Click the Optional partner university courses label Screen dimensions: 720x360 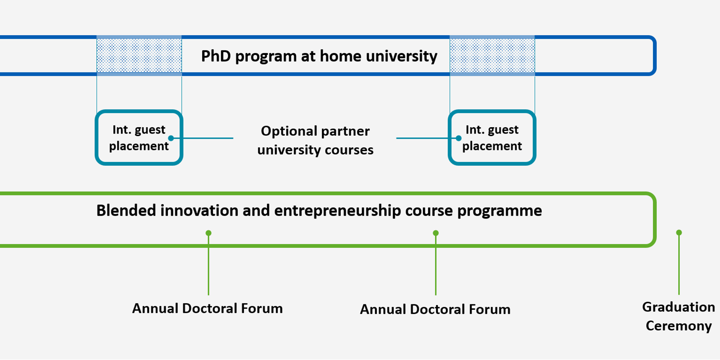click(x=315, y=140)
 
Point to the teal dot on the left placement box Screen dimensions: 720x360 click(x=171, y=138)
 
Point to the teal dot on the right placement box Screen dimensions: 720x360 click(x=459, y=138)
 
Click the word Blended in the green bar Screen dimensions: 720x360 click(x=126, y=210)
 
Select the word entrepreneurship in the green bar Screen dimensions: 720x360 click(x=337, y=211)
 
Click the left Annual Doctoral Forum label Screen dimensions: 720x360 click(x=208, y=309)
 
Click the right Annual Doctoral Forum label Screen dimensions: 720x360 click(x=435, y=309)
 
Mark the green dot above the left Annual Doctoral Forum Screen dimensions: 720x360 click(x=208, y=233)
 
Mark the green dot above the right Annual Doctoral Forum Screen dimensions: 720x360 click(x=436, y=233)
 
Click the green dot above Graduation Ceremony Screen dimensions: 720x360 click(x=679, y=232)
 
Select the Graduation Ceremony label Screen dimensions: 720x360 click(x=679, y=316)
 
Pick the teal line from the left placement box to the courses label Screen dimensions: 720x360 click(x=202, y=138)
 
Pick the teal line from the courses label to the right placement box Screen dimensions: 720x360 click(x=427, y=138)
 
